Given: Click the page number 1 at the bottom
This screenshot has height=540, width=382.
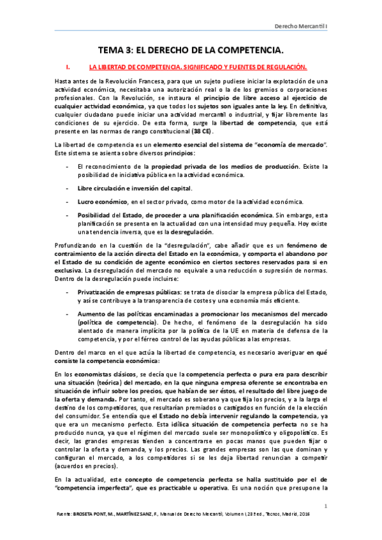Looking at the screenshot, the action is (325, 506).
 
